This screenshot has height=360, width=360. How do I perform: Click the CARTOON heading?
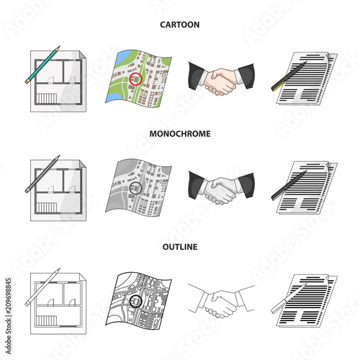click(x=180, y=24)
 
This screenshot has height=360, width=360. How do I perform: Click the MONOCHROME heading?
click(x=180, y=134)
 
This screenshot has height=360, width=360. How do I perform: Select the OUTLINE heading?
click(x=180, y=247)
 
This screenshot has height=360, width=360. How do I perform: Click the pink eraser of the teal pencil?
click(x=27, y=81)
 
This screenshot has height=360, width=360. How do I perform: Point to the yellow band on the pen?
click(x=279, y=84)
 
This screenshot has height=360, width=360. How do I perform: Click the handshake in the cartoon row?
click(x=221, y=78)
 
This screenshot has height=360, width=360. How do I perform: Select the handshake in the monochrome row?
click(x=221, y=188)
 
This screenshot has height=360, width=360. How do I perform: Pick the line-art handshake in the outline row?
click(x=221, y=300)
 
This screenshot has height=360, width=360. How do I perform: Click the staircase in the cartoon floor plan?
click(x=46, y=99)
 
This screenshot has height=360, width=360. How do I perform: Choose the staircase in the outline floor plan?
click(x=46, y=320)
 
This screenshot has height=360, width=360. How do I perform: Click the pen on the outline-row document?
click(x=289, y=298)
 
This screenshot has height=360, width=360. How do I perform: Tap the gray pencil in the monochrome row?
click(x=42, y=174)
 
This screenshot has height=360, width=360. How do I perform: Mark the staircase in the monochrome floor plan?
click(x=46, y=207)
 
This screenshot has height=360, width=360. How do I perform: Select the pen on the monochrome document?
click(x=289, y=185)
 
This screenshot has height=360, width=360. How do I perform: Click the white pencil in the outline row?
click(x=42, y=287)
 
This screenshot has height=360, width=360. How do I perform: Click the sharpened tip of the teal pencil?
click(x=59, y=46)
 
